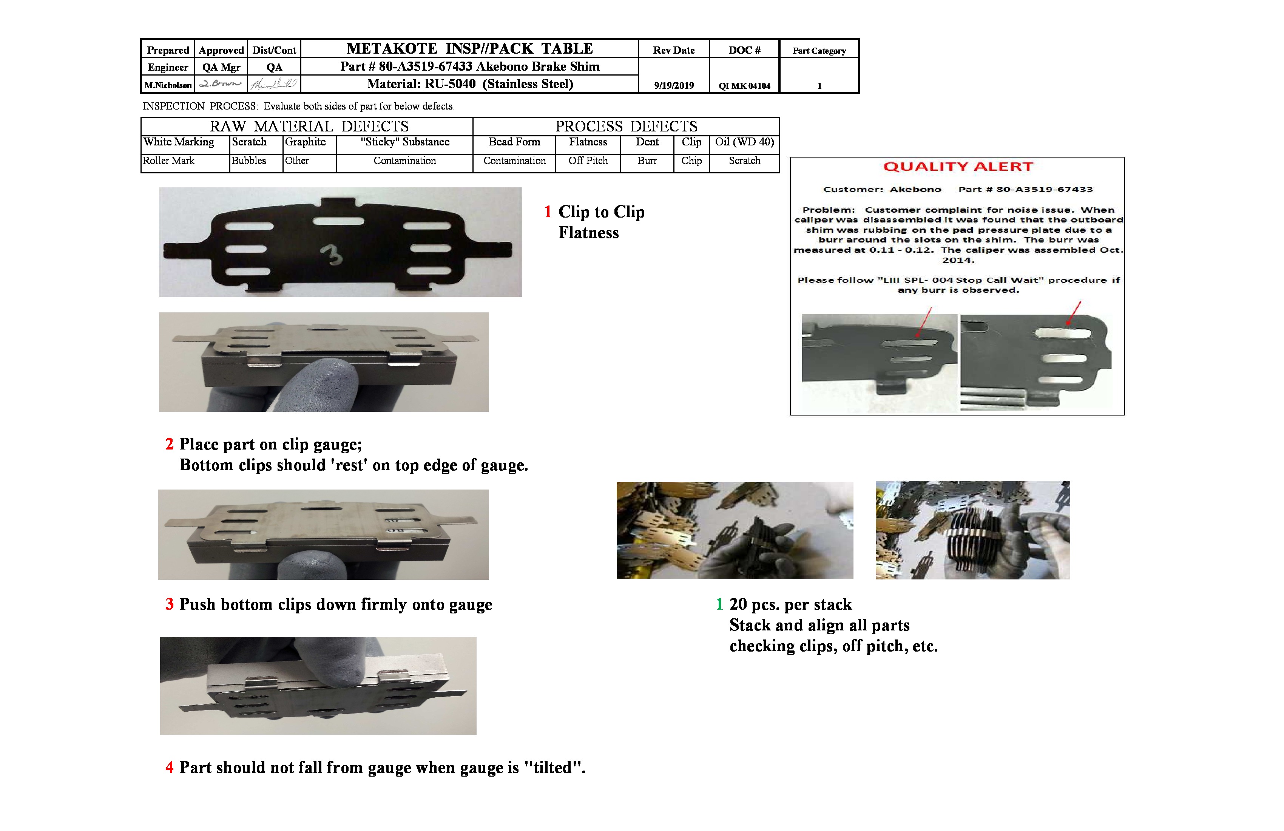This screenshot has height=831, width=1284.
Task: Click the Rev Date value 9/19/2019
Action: click(674, 85)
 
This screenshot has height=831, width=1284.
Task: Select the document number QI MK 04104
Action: click(744, 85)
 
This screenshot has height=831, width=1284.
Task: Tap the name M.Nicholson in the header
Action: click(168, 85)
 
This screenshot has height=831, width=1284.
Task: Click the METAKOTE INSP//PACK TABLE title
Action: click(469, 49)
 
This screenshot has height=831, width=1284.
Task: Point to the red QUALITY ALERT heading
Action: click(958, 166)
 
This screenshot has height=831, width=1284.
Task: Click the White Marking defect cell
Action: click(179, 142)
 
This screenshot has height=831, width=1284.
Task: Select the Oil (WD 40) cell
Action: click(744, 142)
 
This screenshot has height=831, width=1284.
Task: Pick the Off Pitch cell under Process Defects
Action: click(588, 161)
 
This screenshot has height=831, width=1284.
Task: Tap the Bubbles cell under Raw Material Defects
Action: click(249, 161)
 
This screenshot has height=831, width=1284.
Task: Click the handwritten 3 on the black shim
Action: click(332, 255)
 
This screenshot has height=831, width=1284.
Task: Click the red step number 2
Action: click(170, 444)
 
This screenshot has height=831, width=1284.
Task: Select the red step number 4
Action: click(170, 767)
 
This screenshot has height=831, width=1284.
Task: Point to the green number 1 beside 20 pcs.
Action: click(719, 604)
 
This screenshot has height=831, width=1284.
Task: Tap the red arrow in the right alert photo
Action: click(1074, 313)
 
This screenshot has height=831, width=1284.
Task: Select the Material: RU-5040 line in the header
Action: click(469, 83)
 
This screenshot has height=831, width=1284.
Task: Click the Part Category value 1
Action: click(819, 85)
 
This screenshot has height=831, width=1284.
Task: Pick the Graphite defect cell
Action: click(306, 142)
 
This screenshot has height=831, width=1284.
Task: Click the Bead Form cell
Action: click(514, 142)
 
